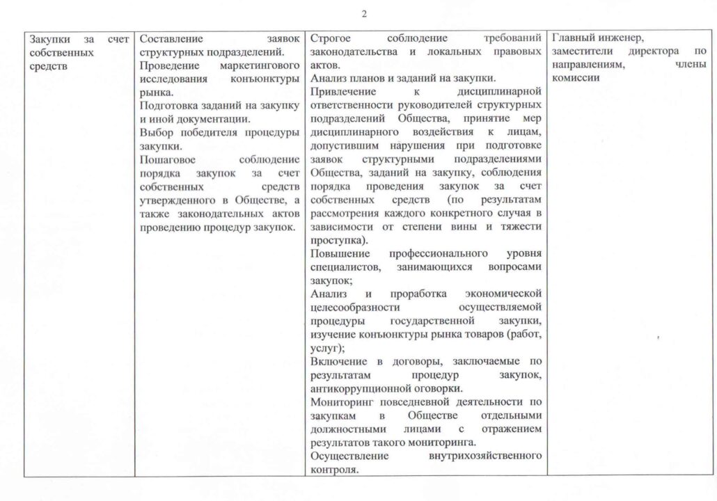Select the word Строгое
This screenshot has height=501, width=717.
click(x=329, y=39)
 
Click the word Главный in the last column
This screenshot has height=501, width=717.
click(x=572, y=39)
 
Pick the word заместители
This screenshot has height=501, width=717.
click(x=584, y=52)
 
